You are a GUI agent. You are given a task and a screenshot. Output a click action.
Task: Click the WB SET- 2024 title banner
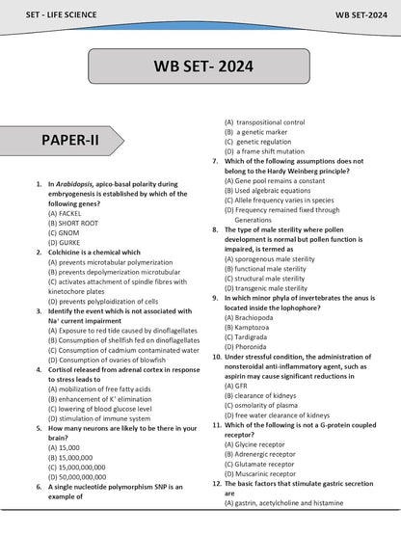[x=200, y=67]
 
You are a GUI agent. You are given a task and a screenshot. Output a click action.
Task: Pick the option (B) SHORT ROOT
[x=76, y=223]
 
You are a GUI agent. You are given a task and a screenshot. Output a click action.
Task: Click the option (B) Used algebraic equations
[x=271, y=191]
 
